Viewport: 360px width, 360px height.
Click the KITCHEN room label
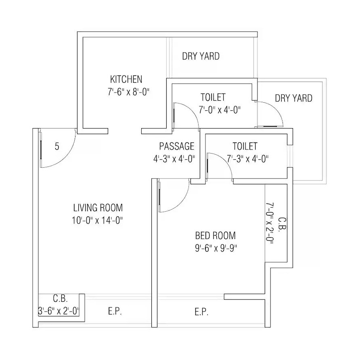(126, 79)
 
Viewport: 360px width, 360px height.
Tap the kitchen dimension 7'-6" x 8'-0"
(129, 92)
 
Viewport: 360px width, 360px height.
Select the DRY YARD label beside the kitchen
(201, 56)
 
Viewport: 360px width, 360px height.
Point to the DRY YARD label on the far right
(293, 98)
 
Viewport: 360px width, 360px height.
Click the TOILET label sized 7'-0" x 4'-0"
(213, 97)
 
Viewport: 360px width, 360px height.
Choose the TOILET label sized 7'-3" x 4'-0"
(245, 146)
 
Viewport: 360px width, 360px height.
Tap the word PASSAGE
(176, 146)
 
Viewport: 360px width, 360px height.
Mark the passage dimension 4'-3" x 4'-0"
(174, 159)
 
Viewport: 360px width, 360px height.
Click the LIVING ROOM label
(98, 208)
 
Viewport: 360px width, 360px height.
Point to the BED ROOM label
(215, 236)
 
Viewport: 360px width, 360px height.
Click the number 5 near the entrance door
(57, 147)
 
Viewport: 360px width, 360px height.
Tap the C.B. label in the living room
(61, 299)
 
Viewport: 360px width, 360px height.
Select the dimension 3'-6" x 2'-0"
(59, 312)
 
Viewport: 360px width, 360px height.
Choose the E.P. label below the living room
(115, 312)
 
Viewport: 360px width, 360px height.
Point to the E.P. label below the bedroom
(201, 312)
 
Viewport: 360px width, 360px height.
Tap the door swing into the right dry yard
(275, 111)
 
